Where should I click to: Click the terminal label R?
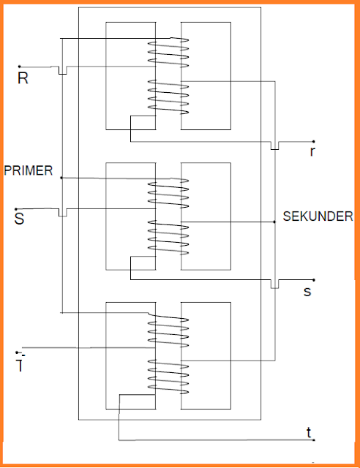23,78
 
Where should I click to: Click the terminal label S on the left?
19,217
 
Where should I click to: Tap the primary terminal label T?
20,363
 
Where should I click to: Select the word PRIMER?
28,170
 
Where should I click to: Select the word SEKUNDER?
318,216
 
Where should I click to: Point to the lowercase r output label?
312,152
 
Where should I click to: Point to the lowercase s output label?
308,291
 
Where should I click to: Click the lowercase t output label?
309,433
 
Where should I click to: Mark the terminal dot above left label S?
15,208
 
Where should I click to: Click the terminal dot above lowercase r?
314,141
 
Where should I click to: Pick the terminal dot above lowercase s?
314,279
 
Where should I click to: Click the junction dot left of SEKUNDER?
274,222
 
